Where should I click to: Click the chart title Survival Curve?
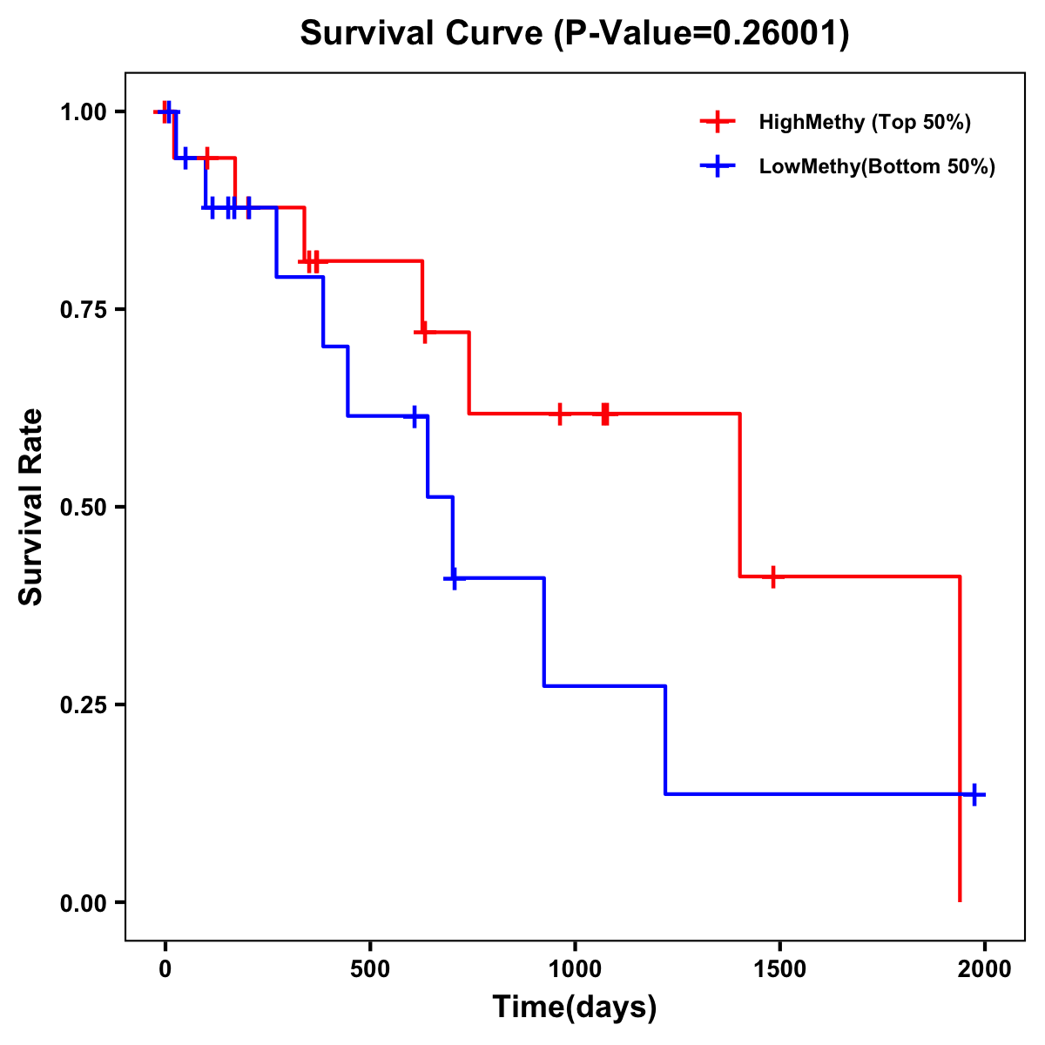point(574,34)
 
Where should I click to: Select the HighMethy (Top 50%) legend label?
point(864,122)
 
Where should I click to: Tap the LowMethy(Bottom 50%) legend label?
point(876,166)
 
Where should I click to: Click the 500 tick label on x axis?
point(370,969)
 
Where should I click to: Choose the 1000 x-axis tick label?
point(575,969)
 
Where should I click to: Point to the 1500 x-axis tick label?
point(779,969)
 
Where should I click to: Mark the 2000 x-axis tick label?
point(984,969)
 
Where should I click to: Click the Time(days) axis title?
point(575,1008)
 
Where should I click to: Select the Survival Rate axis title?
point(31,507)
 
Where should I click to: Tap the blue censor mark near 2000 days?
point(974,794)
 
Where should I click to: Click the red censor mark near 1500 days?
point(772,576)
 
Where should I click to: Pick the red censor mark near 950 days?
point(559,414)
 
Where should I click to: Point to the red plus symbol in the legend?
point(717,122)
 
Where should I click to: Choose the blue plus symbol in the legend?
point(717,166)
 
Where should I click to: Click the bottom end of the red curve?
point(960,900)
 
